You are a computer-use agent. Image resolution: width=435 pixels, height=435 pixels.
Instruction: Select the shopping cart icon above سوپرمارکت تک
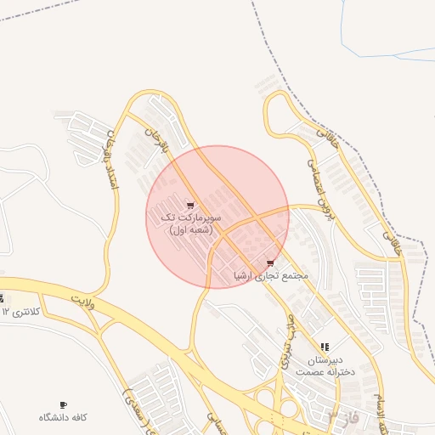coord(189,205)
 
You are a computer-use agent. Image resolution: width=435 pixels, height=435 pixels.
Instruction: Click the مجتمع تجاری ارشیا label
coord(271,277)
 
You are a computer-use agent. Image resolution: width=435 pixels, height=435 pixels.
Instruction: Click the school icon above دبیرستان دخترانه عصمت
coord(324,347)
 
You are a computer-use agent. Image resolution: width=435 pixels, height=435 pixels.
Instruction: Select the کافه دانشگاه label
coord(64,418)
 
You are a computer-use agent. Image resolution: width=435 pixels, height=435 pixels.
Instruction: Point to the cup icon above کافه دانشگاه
coord(64,404)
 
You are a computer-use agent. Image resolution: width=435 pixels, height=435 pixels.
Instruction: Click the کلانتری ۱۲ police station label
coord(18,312)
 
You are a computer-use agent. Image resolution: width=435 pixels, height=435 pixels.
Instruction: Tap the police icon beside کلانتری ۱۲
coord(2,298)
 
